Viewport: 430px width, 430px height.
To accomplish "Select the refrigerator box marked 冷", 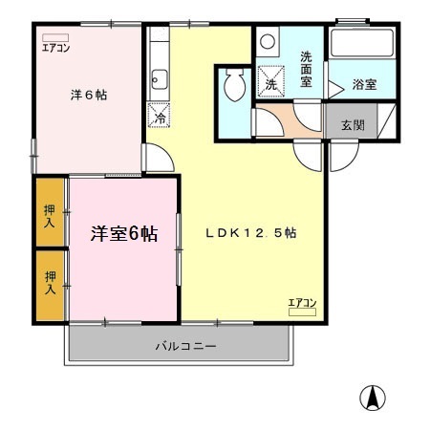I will pyautogui.click(x=158, y=118).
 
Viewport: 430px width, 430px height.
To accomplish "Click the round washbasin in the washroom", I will pyautogui.click(x=268, y=42).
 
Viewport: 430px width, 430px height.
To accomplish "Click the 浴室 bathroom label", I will pyautogui.click(x=363, y=85).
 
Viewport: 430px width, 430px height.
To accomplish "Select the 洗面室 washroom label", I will pyautogui.click(x=307, y=68).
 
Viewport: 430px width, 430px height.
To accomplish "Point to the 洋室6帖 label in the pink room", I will pyautogui.click(x=124, y=233).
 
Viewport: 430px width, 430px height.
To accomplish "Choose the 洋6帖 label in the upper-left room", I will pyautogui.click(x=89, y=96).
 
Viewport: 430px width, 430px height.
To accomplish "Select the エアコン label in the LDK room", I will pyautogui.click(x=302, y=303).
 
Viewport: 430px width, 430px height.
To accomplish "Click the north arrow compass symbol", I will pyautogui.click(x=374, y=397).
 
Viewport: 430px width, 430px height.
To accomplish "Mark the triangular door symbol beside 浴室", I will pyautogui.click(x=336, y=86).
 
